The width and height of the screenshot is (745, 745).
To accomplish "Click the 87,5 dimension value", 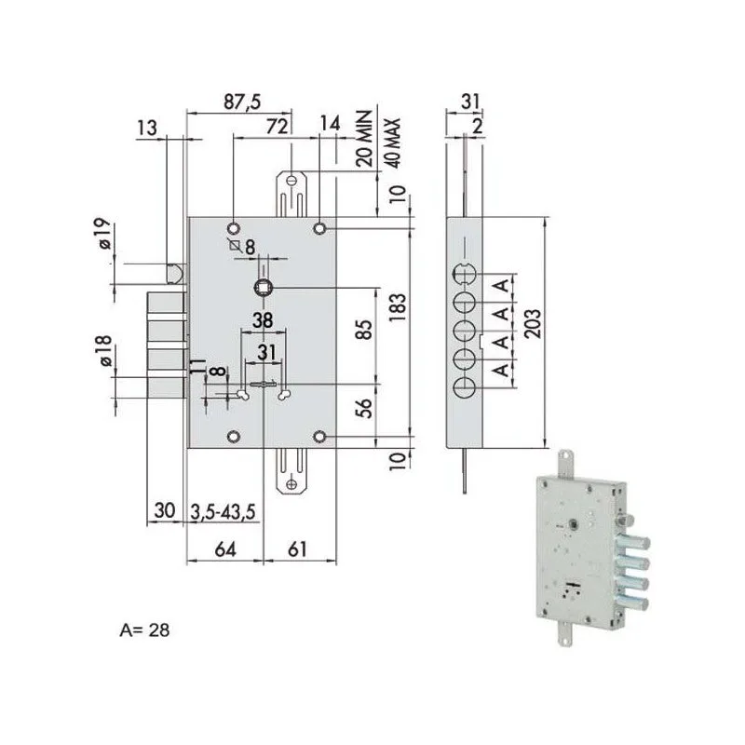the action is pyautogui.click(x=242, y=102).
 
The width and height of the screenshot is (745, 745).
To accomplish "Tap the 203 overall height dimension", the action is pyautogui.click(x=532, y=323).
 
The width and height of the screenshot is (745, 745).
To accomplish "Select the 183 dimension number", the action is pyautogui.click(x=398, y=307).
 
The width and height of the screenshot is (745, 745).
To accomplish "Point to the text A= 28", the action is pyautogui.click(x=144, y=630).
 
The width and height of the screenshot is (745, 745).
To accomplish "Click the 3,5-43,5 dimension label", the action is pyautogui.click(x=223, y=511).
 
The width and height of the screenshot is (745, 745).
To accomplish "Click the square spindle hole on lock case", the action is pyautogui.click(x=263, y=288).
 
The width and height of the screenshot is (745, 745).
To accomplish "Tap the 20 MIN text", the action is pyautogui.click(x=364, y=138).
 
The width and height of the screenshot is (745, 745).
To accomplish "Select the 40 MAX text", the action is pyautogui.click(x=393, y=142).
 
